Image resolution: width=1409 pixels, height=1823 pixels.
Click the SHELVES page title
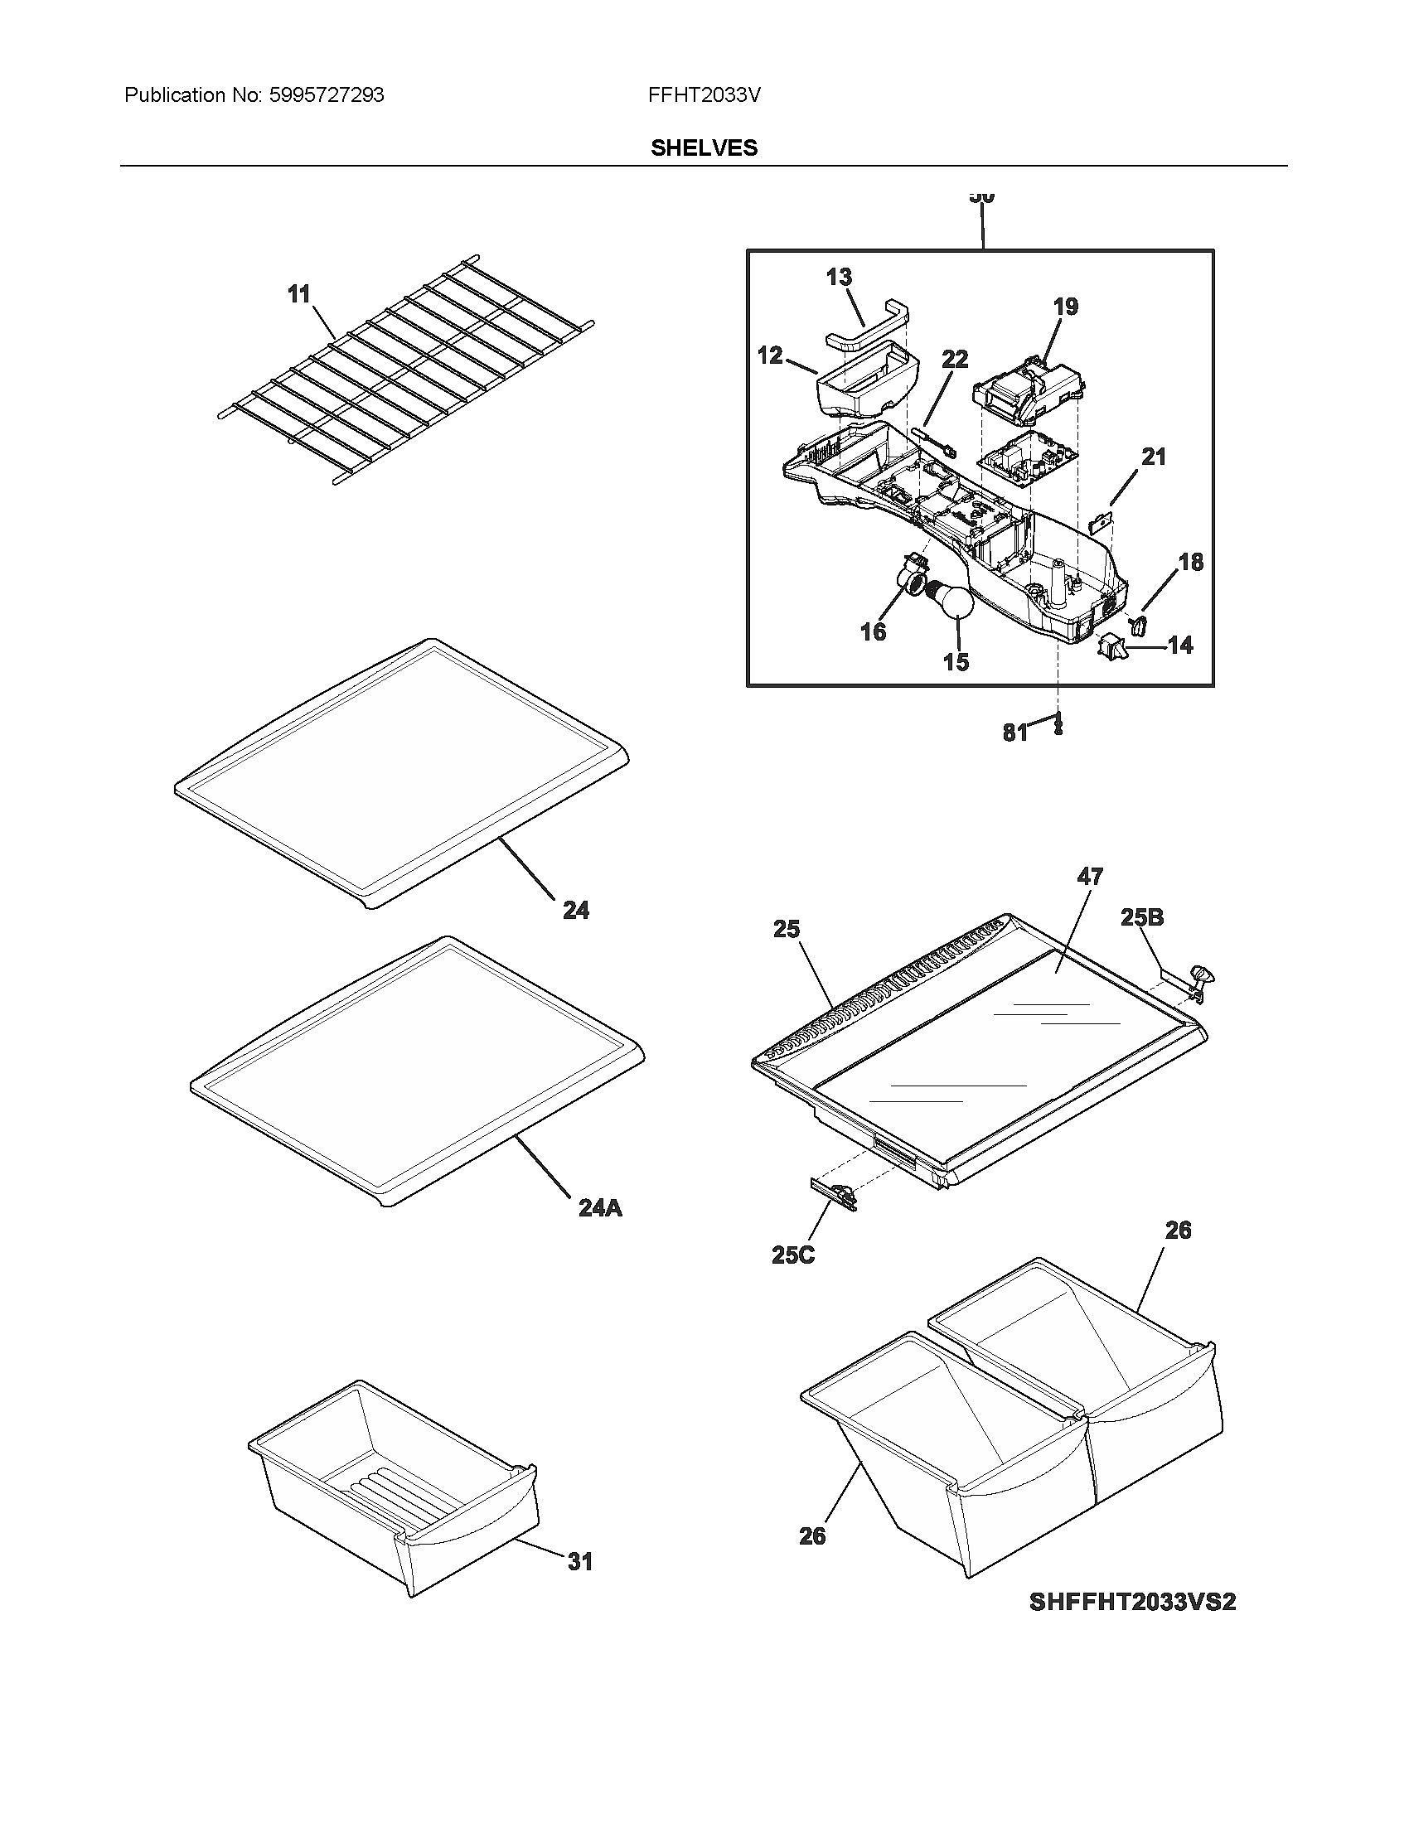[x=704, y=147]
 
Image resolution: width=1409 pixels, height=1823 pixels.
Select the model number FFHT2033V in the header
[x=704, y=95]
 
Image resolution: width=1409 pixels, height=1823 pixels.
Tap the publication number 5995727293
[x=326, y=95]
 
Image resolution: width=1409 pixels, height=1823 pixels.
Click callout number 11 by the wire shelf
[x=299, y=294]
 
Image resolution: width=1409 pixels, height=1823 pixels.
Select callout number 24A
[x=600, y=1208]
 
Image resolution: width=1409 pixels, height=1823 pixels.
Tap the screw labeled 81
[x=1058, y=723]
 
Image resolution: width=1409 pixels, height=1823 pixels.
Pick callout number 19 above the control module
[x=1065, y=307]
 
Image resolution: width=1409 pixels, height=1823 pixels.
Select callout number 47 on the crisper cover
[x=1090, y=876]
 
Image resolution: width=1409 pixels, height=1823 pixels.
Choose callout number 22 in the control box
[x=955, y=359]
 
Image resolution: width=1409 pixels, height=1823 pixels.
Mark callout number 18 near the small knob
[x=1190, y=562]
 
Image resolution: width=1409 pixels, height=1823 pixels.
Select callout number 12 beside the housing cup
[x=770, y=355]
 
